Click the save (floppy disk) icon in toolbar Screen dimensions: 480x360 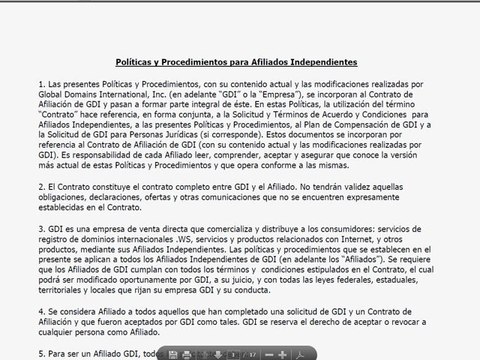click(174, 353)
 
